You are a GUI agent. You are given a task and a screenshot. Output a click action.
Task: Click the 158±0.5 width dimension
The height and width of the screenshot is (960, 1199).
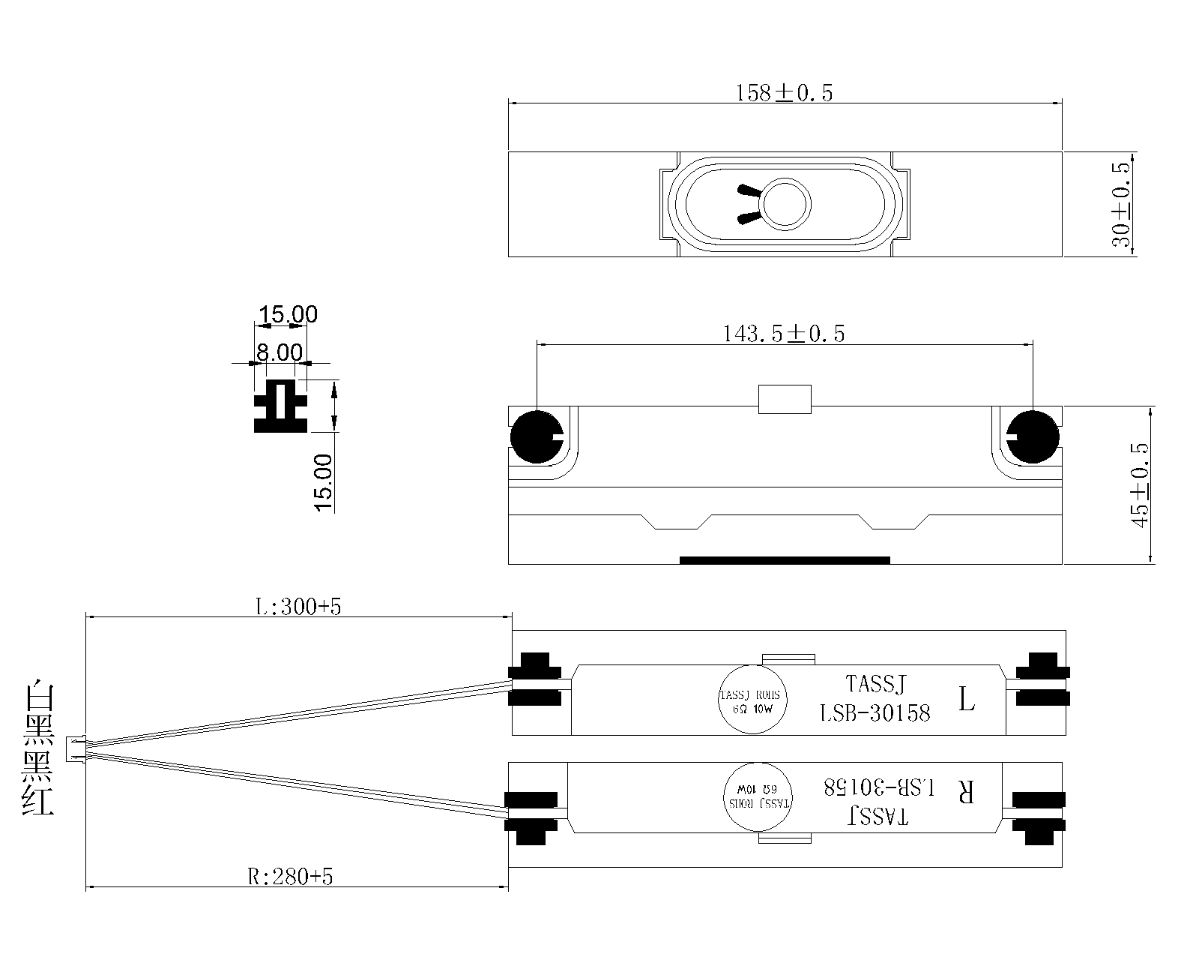coord(784,93)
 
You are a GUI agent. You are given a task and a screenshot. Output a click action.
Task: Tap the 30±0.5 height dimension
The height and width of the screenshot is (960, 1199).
coord(1122,204)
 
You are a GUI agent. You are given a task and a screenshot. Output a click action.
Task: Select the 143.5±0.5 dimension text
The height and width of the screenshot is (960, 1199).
coord(783,334)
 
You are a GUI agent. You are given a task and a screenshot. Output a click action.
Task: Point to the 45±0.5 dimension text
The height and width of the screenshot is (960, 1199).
coord(1140,485)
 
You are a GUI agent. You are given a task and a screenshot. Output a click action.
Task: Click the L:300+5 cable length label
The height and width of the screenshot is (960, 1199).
coord(298,607)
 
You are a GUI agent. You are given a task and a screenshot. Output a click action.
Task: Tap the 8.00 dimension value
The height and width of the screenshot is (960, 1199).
coord(280,352)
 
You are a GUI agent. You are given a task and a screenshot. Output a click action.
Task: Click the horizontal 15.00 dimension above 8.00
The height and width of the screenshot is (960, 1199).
coord(288,315)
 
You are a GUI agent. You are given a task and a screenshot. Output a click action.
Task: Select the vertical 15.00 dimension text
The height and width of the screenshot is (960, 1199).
coord(324,482)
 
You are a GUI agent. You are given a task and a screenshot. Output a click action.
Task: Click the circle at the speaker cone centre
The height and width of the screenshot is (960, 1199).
coord(785,203)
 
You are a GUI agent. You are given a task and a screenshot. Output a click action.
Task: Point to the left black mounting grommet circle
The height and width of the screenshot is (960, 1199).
coord(536,436)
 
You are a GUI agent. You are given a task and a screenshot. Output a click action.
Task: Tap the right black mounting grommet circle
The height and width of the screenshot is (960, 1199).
coord(1033,436)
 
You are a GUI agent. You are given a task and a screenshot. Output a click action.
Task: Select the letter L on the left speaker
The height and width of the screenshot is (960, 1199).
coord(967,700)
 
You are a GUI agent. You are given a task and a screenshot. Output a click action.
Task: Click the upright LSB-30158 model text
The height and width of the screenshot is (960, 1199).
coord(875,712)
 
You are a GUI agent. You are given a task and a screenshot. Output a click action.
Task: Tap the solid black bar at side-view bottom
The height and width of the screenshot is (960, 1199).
coord(785,559)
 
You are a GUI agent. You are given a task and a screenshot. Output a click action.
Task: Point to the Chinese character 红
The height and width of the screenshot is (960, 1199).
coord(39,801)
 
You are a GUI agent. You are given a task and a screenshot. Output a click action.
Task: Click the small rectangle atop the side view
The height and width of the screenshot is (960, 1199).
coord(785,399)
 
